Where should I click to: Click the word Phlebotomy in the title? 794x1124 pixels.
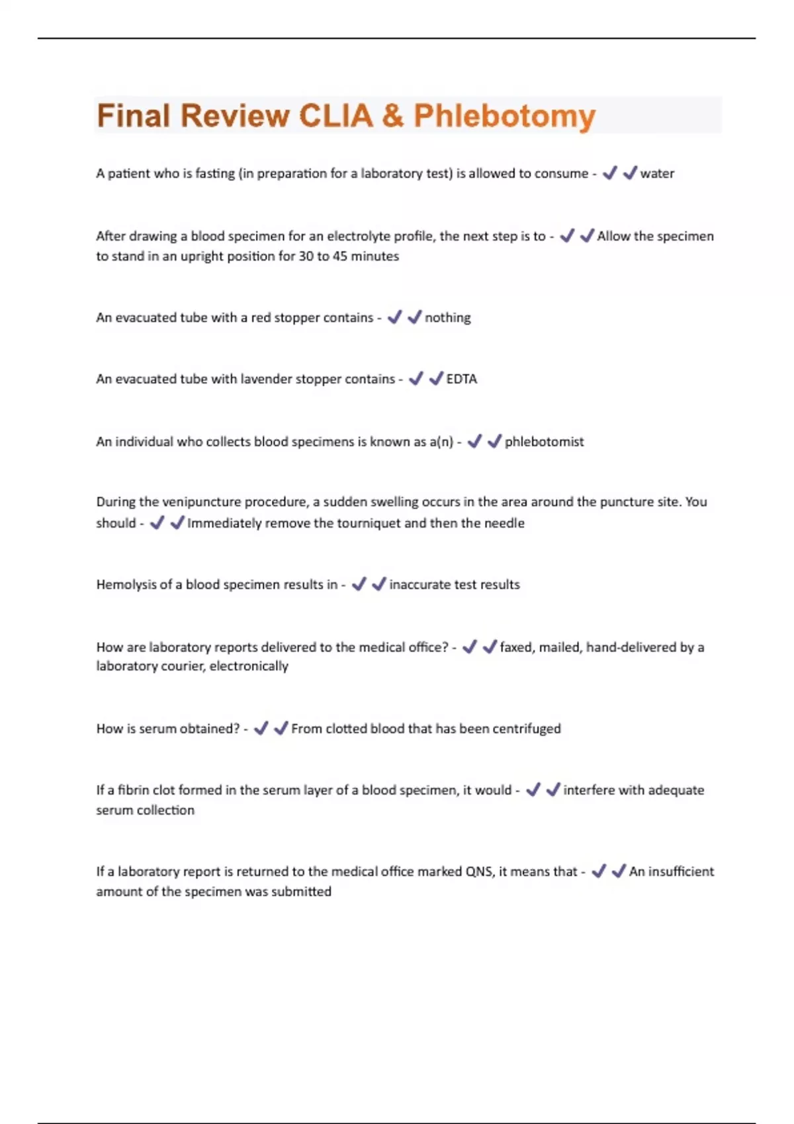(504, 116)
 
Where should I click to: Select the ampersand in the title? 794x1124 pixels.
(393, 116)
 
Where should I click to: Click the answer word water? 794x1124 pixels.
(657, 174)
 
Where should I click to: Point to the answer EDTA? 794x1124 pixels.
(462, 380)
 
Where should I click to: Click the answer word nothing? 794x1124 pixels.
(448, 318)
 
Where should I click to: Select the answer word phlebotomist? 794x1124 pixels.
(544, 442)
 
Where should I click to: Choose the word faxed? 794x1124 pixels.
(517, 647)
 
